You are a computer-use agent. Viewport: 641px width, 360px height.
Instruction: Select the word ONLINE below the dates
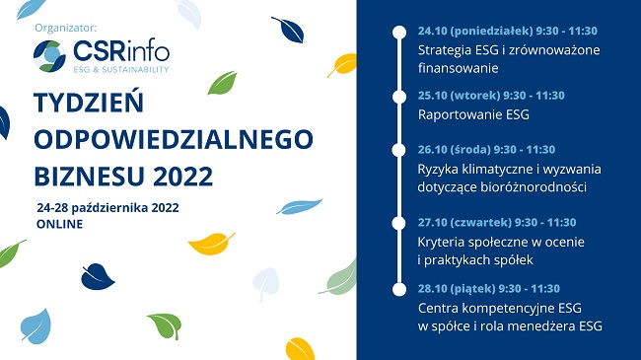[58, 224]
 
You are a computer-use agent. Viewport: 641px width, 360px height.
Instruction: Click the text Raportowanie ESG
[473, 114]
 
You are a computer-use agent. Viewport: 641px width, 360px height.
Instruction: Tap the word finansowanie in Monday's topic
[458, 68]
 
